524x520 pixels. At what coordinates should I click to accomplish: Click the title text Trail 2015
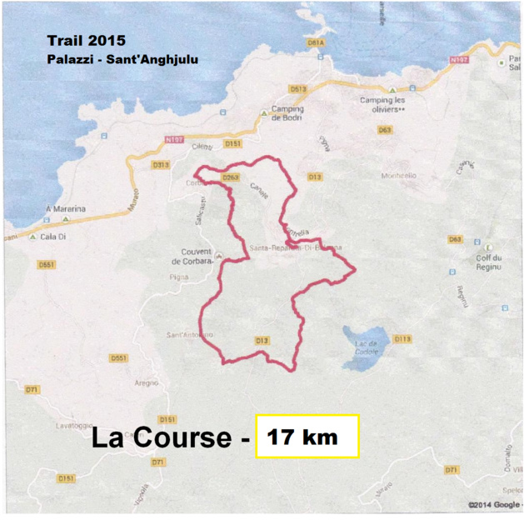(87, 40)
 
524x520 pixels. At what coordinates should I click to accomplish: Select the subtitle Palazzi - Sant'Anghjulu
(122, 59)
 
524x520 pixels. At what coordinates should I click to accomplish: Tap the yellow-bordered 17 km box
(307, 436)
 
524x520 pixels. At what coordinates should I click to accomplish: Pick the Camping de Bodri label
(287, 114)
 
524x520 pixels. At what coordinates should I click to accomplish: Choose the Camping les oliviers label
(382, 104)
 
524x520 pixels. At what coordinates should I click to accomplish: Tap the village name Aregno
(147, 382)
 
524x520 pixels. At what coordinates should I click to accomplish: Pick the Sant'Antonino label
(190, 335)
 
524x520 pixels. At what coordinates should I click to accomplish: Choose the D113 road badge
(402, 338)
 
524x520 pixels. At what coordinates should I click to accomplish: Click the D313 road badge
(161, 165)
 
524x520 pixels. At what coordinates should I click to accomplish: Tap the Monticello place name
(375, 176)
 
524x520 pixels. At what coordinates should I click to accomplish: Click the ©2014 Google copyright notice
(494, 504)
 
